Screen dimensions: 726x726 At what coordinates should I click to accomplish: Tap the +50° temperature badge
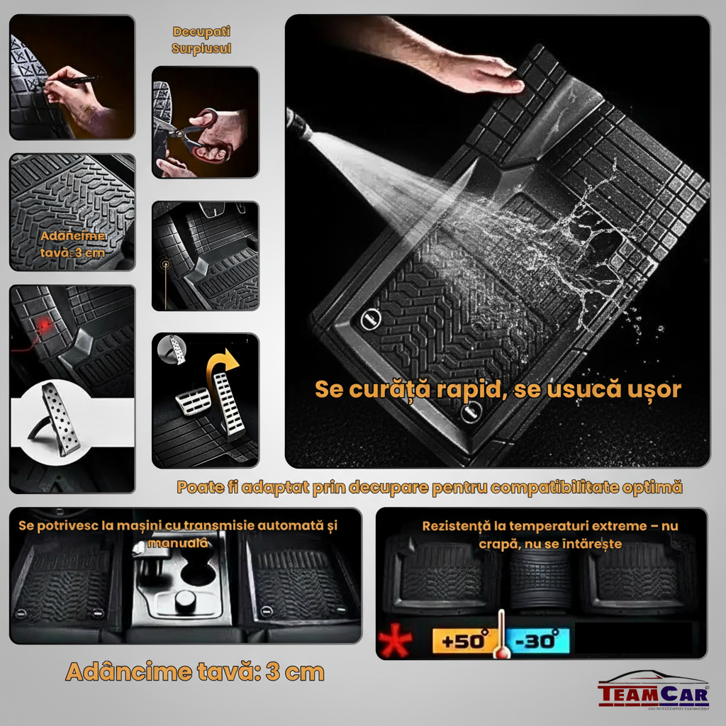[462, 641]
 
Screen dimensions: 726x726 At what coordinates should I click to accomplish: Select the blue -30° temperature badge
[540, 641]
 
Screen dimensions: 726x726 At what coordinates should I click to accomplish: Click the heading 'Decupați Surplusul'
[201, 40]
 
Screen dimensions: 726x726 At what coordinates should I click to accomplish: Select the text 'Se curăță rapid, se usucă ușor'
[498, 389]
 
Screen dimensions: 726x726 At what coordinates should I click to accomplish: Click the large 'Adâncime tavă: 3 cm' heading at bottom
[194, 671]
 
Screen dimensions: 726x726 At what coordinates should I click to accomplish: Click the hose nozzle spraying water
[298, 128]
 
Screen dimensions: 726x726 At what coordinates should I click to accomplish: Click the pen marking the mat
[78, 79]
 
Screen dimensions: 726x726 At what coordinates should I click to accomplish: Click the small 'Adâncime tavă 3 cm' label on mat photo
[72, 244]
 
